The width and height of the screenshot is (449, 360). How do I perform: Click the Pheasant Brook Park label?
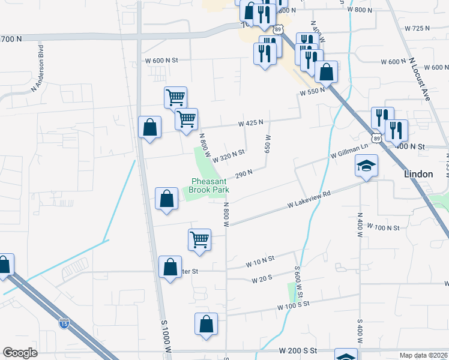[209, 185]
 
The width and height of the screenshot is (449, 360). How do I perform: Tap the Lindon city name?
[418, 174]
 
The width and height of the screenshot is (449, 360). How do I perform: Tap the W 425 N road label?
[250, 123]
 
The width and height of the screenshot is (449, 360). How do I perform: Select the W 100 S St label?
[294, 306]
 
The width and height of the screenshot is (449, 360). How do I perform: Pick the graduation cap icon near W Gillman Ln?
[366, 166]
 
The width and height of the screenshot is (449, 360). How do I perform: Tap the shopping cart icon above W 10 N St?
[200, 239]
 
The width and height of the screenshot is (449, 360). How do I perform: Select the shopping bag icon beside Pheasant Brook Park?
[166, 199]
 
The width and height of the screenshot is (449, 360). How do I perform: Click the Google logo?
[20, 352]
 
